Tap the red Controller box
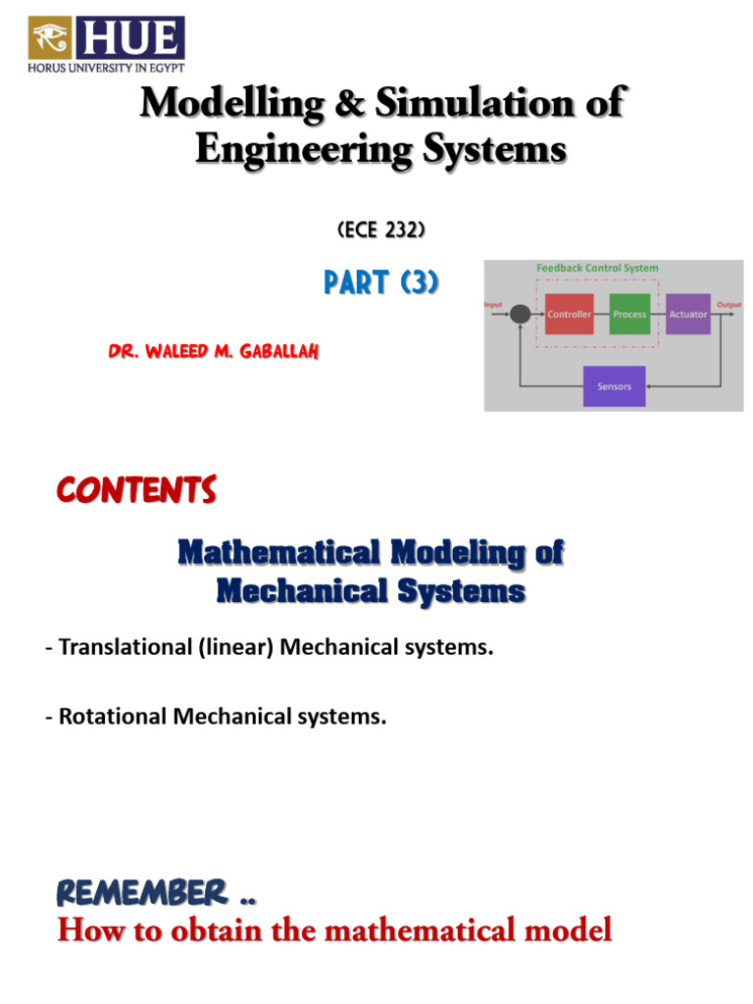[569, 314]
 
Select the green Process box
[629, 314]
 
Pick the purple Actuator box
[688, 314]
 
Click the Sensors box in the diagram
[615, 386]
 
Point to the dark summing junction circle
[521, 314]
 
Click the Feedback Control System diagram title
[597, 268]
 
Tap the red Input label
[492, 304]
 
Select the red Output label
[728, 304]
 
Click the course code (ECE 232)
[380, 231]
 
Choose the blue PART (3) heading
[380, 284]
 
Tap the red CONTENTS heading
[135, 490]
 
